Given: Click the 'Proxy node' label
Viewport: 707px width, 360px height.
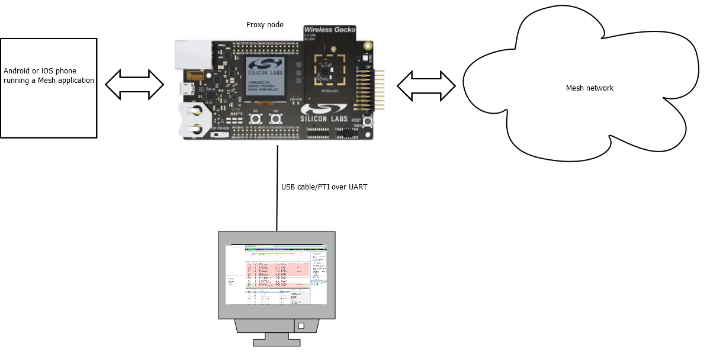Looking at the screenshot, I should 265,25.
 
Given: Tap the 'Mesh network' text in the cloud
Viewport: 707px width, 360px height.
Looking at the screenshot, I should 589,88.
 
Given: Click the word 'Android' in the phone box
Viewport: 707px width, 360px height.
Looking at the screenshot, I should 17,71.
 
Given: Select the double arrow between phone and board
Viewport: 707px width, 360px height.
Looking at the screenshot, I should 134,85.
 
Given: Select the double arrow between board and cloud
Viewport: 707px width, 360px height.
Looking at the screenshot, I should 426,86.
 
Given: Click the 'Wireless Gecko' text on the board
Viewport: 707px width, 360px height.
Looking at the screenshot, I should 329,29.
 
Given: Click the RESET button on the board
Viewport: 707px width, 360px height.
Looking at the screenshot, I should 367,121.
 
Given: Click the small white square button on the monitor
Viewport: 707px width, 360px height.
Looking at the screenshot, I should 301,326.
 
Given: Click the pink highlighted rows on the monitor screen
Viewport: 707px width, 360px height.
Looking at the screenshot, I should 278,269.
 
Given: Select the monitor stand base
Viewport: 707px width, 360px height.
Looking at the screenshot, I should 277,342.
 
